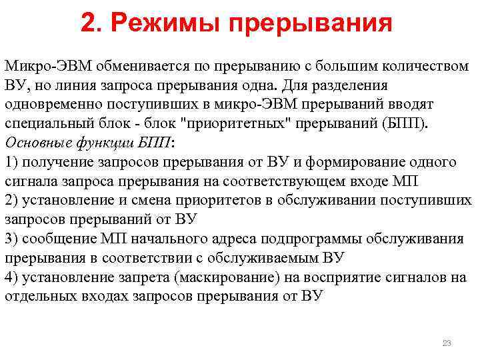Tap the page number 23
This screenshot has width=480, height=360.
[x=447, y=343]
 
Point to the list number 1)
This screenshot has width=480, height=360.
[x=11, y=163]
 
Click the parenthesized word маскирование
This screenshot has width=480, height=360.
[x=258, y=277]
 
